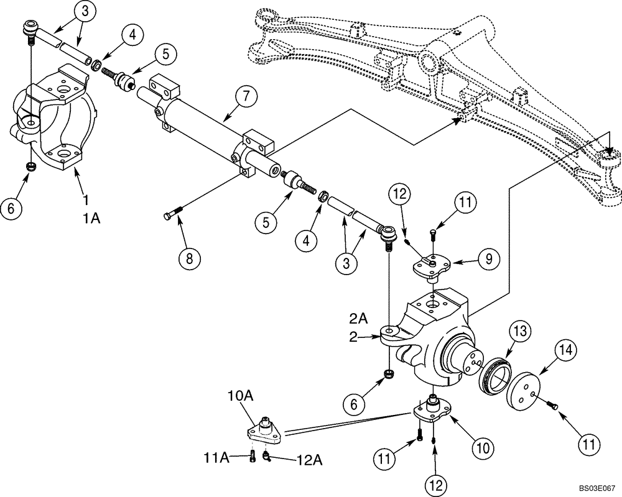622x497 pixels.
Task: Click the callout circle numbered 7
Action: click(x=246, y=97)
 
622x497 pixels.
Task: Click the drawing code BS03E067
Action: click(x=595, y=489)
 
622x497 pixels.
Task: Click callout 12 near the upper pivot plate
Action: click(x=399, y=194)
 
